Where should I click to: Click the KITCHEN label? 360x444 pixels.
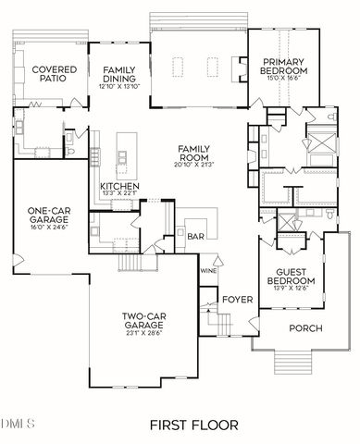[x=120, y=188]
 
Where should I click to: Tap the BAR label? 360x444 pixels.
[x=194, y=236]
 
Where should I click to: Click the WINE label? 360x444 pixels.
[x=208, y=270]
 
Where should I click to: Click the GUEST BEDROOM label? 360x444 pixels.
[x=291, y=275]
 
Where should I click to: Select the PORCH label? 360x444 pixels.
[x=306, y=327]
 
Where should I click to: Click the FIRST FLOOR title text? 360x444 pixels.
[x=193, y=425]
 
